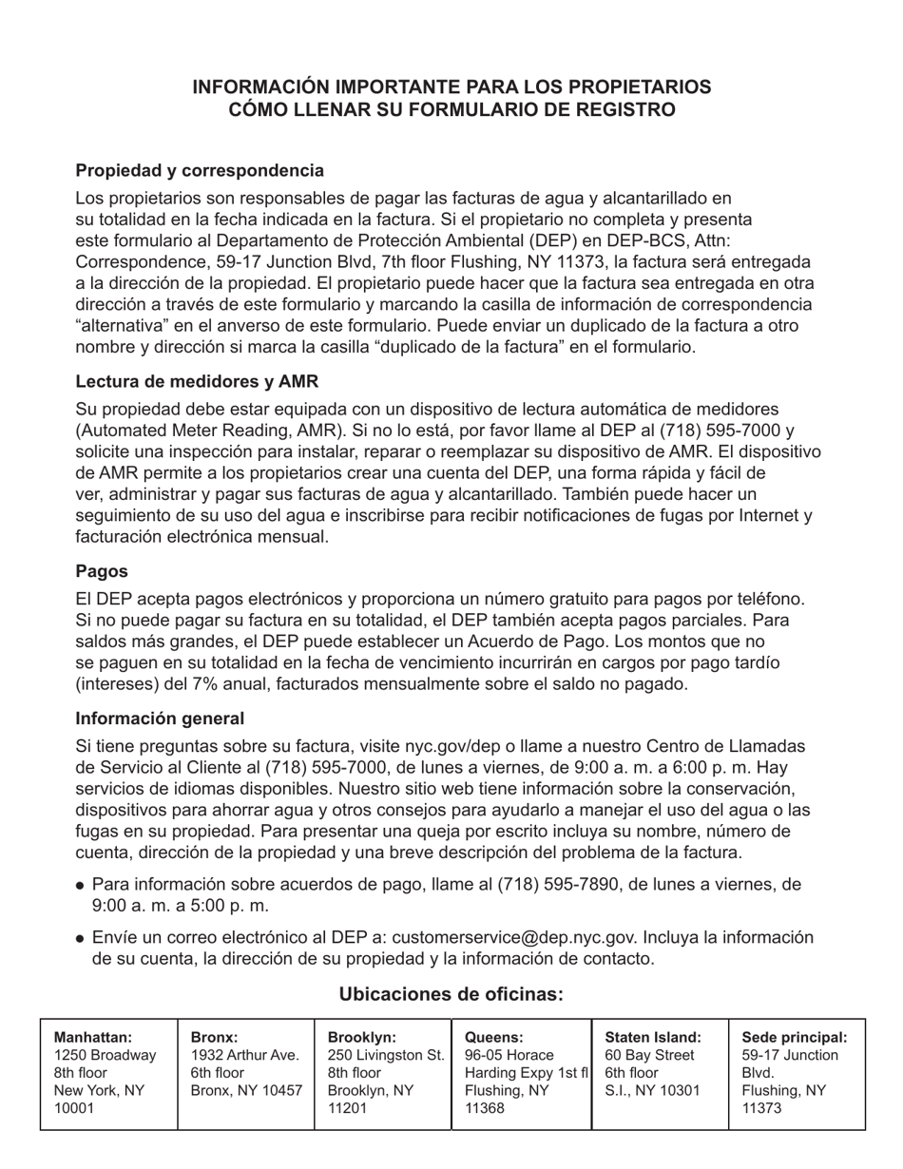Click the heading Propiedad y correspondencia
[x=200, y=170]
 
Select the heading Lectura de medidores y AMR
[x=197, y=381]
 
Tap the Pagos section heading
[x=102, y=571]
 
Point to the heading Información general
[x=160, y=719]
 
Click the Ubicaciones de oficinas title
[x=451, y=994]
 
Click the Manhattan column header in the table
[x=93, y=1037]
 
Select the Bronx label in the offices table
[x=214, y=1037]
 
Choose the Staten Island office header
[x=653, y=1037]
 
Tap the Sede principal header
[x=794, y=1037]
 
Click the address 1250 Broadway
[x=105, y=1055]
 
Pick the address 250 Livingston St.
[x=385, y=1055]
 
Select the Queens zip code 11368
[x=485, y=1108]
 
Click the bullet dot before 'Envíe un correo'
[x=81, y=938]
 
